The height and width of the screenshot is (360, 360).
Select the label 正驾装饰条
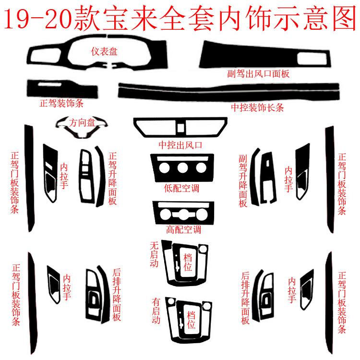pos(61,103)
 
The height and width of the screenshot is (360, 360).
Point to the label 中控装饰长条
pos(257,108)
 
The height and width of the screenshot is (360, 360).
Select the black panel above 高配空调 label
pos(180,211)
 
